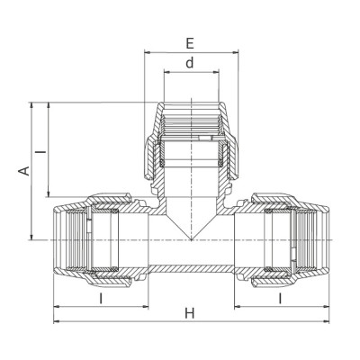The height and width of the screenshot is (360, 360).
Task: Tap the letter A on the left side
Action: [25, 170]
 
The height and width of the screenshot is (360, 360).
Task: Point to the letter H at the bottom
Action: [189, 313]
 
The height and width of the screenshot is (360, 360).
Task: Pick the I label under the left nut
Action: [101, 297]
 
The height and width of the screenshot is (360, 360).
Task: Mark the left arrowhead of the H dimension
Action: [58, 322]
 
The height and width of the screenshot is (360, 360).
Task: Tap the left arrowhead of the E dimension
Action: [146, 52]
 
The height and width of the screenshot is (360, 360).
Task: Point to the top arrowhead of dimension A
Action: [34, 103]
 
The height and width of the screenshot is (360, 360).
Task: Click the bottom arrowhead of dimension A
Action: [34, 238]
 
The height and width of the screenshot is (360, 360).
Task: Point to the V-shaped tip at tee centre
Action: [189, 236]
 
